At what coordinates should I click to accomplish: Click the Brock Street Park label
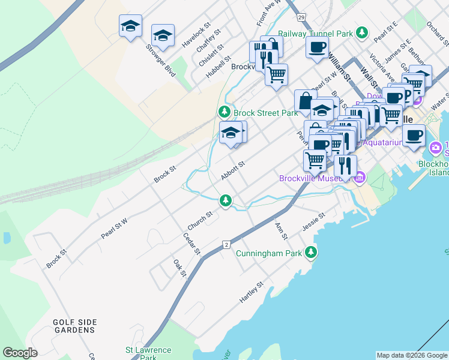pos(265,113)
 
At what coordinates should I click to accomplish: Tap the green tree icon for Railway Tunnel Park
pos(361,33)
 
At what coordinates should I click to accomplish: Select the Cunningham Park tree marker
pos(310,253)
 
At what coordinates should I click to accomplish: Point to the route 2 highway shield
pos(226,244)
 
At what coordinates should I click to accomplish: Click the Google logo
pos(20,353)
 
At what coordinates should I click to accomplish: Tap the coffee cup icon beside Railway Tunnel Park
pos(317,47)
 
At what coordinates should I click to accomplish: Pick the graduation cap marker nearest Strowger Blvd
pos(163,35)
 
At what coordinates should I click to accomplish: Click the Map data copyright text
pos(412,355)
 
